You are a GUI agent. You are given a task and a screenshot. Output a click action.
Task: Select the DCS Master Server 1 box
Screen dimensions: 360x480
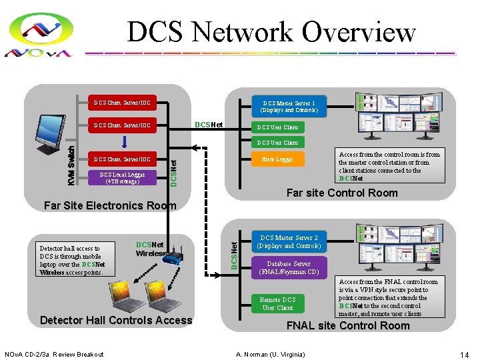click(x=289, y=106)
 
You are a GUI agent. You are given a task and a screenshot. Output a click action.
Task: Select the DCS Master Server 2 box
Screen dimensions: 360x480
click(x=289, y=241)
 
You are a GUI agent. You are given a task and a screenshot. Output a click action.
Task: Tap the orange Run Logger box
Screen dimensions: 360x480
click(x=277, y=159)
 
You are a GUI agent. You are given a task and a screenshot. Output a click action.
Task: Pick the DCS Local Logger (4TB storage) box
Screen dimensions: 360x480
click(x=122, y=177)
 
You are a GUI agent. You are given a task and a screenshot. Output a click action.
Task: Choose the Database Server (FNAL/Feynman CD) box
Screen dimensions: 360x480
click(x=289, y=268)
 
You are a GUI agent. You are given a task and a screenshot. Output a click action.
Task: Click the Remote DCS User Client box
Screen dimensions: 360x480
click(x=278, y=303)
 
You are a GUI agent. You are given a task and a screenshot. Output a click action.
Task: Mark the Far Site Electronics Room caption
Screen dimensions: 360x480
click(x=109, y=205)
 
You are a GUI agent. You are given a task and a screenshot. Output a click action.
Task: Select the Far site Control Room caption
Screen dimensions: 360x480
click(x=341, y=193)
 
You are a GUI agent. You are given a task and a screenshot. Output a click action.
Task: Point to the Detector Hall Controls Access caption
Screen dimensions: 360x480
click(x=116, y=320)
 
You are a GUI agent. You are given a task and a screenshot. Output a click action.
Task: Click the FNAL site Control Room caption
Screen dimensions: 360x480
click(x=347, y=325)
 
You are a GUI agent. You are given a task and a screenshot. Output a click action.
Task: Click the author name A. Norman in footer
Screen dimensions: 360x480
click(x=270, y=353)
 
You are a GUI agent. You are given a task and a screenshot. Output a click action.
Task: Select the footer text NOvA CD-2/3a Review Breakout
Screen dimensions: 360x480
click(x=54, y=353)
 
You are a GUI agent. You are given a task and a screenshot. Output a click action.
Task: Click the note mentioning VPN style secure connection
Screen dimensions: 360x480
click(x=389, y=297)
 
